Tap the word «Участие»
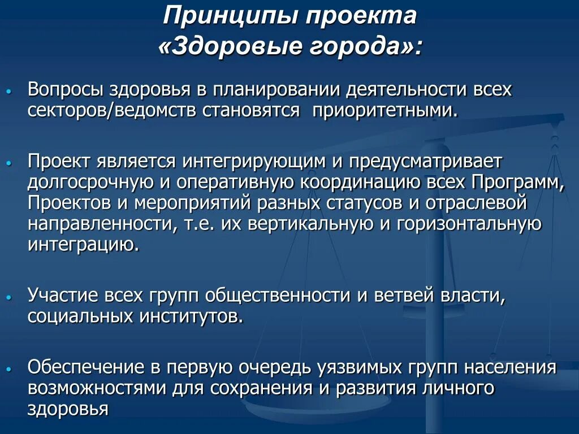tap(63, 296)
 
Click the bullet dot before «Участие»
tap(8, 297)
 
